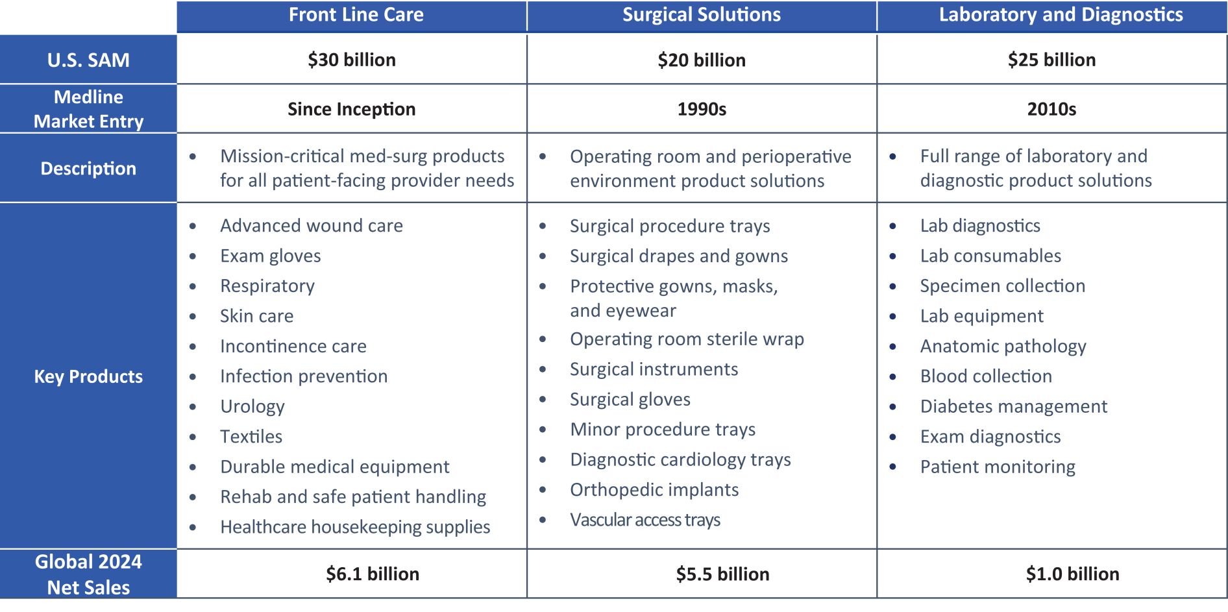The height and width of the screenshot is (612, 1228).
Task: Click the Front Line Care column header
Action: coord(356,15)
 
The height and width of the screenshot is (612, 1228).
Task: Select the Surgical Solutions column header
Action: coord(702,15)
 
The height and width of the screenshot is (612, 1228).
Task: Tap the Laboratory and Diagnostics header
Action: coord(1061,15)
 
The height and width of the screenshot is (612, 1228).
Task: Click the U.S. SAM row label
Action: coord(88,60)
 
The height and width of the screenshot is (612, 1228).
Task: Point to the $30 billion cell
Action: coord(352,60)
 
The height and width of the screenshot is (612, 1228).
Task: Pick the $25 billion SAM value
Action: coord(1051,60)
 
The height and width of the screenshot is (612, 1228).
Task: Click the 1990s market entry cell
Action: coord(702,109)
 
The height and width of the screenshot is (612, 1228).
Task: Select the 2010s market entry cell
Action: coord(1051,109)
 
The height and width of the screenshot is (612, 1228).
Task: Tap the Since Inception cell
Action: coord(352,109)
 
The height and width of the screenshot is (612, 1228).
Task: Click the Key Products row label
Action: coord(88,376)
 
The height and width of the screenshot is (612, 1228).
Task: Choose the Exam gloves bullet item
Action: coord(271,256)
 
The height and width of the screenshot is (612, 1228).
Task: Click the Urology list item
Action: coord(252,407)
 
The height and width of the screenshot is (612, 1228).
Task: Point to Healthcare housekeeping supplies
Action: coord(355,527)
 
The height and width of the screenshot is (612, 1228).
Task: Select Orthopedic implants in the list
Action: coord(654,490)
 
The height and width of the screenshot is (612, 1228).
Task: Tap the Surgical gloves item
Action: coord(630,400)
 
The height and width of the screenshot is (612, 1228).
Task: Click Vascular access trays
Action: coord(645,520)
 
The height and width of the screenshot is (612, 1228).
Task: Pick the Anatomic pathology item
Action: coord(1003,347)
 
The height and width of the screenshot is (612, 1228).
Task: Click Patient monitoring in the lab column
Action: coord(998,467)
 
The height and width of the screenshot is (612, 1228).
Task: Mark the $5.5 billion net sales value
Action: coord(722,574)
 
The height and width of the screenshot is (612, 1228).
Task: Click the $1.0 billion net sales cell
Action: coord(1072,574)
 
